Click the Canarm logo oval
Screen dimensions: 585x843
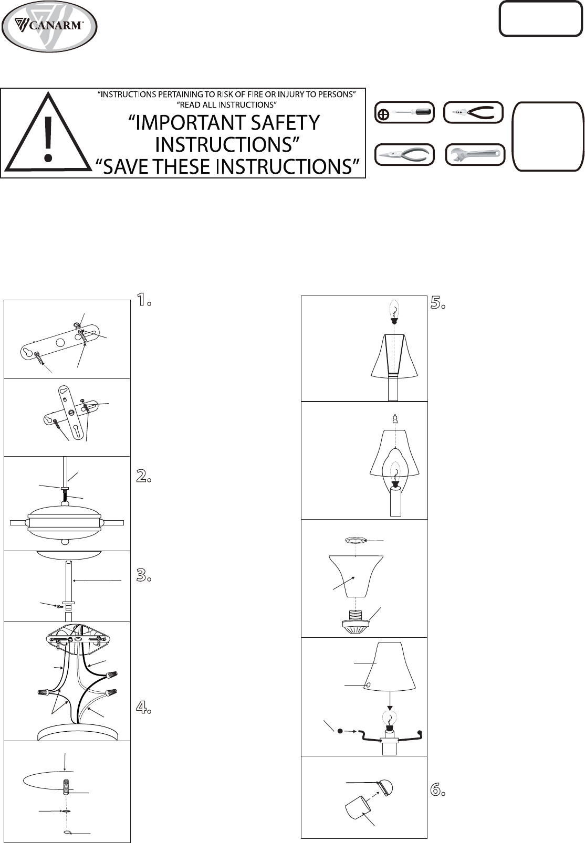(49, 26)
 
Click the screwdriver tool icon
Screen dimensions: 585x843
(405, 113)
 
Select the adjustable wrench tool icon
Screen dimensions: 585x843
(475, 155)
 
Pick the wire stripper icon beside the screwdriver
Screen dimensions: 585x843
(474, 113)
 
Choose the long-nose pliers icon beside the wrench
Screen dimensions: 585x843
(405, 155)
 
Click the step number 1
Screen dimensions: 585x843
(143, 300)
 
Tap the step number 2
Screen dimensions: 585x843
(143, 477)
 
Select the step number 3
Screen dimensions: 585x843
(143, 575)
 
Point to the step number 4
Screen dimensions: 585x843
(143, 708)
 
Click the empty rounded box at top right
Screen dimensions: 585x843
(540, 19)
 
